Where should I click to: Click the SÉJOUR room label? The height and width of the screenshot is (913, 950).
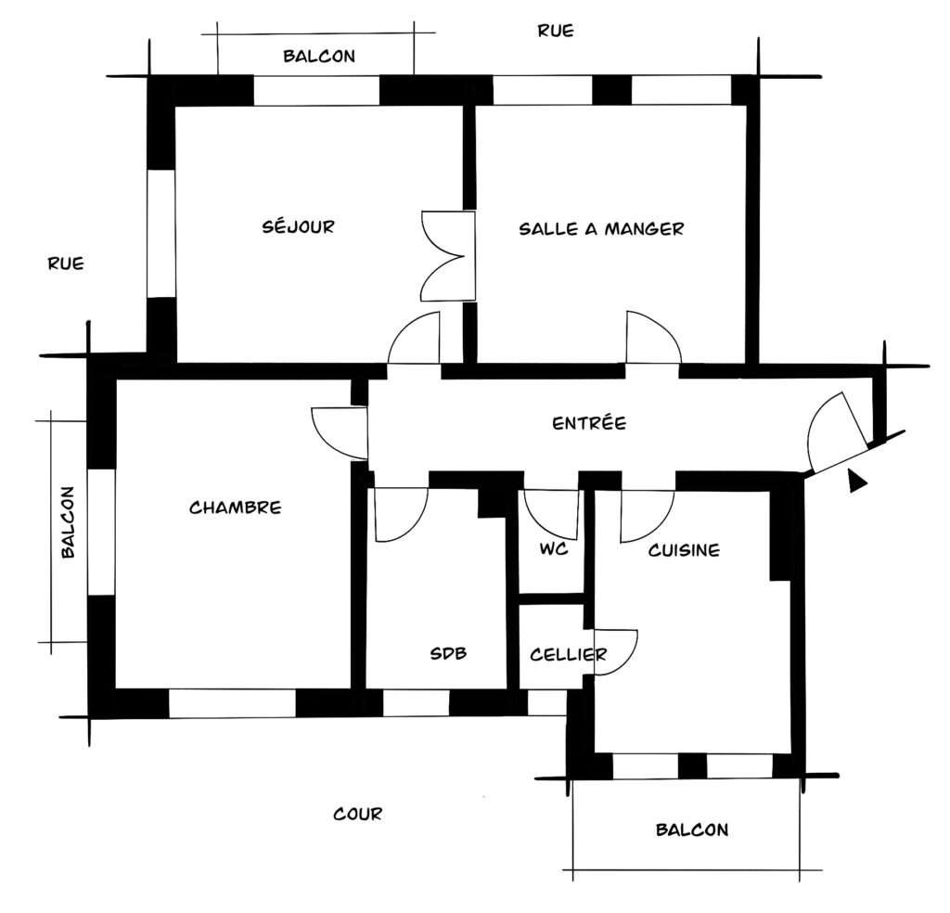(x=298, y=226)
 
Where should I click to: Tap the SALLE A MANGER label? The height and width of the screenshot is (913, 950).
(x=601, y=228)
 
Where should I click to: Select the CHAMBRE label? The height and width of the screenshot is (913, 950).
(x=235, y=508)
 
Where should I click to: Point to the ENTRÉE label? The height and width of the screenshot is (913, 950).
(x=589, y=422)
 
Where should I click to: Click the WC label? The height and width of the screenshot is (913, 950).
(x=554, y=549)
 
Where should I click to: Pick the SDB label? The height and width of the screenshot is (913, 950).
(x=448, y=653)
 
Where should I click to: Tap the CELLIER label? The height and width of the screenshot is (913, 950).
(x=568, y=654)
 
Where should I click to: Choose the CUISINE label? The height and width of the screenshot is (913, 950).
(x=684, y=550)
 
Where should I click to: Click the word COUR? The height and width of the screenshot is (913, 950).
(x=357, y=814)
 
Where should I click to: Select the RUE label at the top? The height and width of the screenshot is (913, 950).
(x=556, y=31)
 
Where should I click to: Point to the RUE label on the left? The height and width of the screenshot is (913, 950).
(x=66, y=264)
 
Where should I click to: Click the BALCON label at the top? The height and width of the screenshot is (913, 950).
(x=319, y=57)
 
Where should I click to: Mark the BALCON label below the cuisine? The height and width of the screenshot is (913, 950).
(x=692, y=829)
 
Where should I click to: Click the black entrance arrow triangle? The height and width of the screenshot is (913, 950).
(x=856, y=481)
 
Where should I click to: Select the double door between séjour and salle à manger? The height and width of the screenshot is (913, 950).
(x=447, y=256)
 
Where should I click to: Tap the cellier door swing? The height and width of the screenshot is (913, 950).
(x=616, y=652)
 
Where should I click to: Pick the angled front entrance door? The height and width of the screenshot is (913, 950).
(x=839, y=432)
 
